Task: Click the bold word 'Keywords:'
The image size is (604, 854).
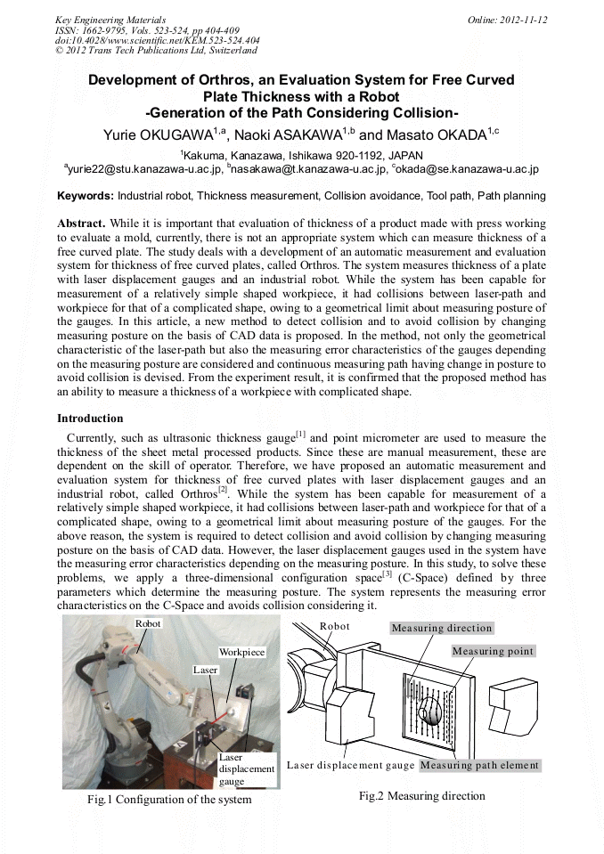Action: pyautogui.click(x=86, y=195)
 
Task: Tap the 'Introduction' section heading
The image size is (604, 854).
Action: pyautogui.click(x=90, y=418)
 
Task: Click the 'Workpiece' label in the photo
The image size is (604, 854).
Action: pyautogui.click(x=241, y=652)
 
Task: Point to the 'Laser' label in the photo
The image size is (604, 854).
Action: pyautogui.click(x=205, y=668)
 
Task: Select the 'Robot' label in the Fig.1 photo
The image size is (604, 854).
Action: pyautogui.click(x=148, y=623)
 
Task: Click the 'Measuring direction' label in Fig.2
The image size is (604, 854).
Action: pyautogui.click(x=441, y=628)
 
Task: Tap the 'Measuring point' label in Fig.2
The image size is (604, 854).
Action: pyautogui.click(x=493, y=651)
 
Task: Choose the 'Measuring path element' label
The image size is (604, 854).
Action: pyautogui.click(x=479, y=765)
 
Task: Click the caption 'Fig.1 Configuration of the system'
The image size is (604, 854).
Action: pyautogui.click(x=169, y=799)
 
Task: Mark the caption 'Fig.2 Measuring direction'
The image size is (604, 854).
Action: pyautogui.click(x=421, y=795)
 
